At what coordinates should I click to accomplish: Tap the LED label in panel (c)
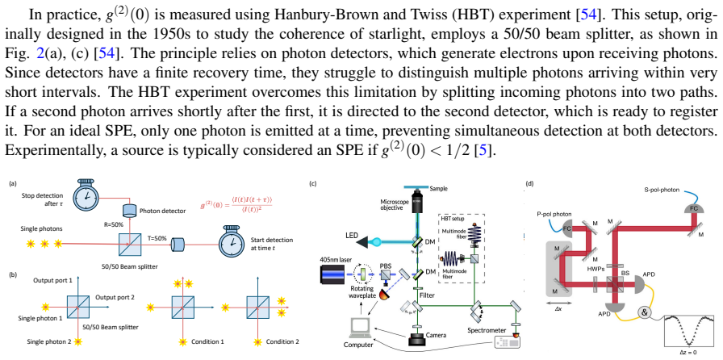352,236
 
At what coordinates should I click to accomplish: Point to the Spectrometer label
486,330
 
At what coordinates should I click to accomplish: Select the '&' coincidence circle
644,313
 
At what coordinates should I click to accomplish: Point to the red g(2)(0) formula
236,204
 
